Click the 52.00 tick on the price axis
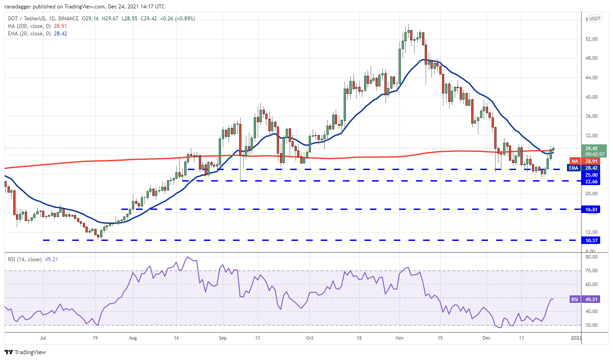click(x=591, y=39)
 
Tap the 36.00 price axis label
click(x=591, y=116)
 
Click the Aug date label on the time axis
click(x=133, y=338)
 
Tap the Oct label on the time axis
click(x=310, y=338)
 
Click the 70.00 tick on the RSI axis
click(x=590, y=271)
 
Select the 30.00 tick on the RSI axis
click(x=590, y=325)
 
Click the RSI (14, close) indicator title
click(x=24, y=259)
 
